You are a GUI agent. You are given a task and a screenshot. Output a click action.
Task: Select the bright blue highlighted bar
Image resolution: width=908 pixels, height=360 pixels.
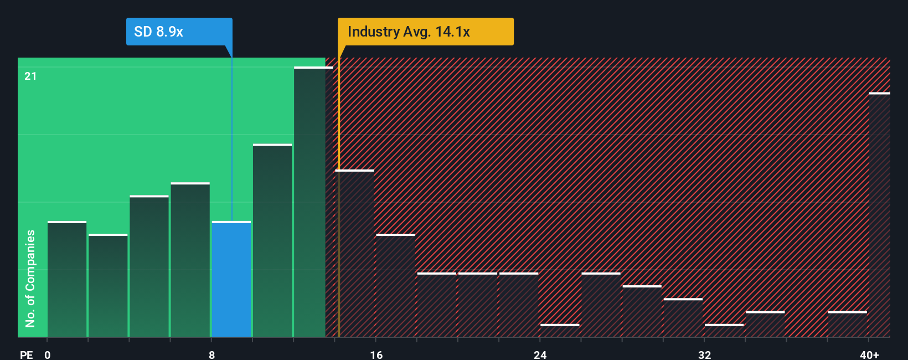231,279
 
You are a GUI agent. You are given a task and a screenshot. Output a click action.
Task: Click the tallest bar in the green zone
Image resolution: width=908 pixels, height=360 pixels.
313,202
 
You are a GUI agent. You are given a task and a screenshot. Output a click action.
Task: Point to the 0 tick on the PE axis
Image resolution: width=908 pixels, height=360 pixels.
48,354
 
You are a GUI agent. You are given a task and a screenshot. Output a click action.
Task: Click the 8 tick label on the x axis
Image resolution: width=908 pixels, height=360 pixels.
212,354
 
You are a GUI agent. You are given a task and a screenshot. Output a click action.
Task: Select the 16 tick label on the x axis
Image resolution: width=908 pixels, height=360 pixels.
376,354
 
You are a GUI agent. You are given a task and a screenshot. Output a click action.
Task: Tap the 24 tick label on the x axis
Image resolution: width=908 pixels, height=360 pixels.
540,354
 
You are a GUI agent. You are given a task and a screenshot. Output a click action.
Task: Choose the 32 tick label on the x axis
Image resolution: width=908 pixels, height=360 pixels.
704,354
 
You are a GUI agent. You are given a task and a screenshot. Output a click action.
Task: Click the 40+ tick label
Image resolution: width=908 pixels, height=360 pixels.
869,354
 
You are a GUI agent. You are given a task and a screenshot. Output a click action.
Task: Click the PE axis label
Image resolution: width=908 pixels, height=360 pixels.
27,354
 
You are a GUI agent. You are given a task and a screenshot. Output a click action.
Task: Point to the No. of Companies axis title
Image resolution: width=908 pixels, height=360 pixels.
30,278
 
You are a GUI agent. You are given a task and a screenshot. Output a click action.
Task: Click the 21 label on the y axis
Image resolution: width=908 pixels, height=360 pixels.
30,76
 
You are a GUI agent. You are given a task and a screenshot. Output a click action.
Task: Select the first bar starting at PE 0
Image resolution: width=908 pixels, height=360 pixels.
67,279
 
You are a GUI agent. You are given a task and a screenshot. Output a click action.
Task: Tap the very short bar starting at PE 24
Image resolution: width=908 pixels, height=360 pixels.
560,330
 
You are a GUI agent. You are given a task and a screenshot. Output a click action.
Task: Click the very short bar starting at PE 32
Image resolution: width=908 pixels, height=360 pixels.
724,330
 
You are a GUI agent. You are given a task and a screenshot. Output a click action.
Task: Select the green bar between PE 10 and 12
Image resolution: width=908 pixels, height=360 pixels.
272,241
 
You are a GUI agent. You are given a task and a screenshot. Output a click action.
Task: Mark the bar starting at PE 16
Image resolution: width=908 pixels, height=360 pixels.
395,286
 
